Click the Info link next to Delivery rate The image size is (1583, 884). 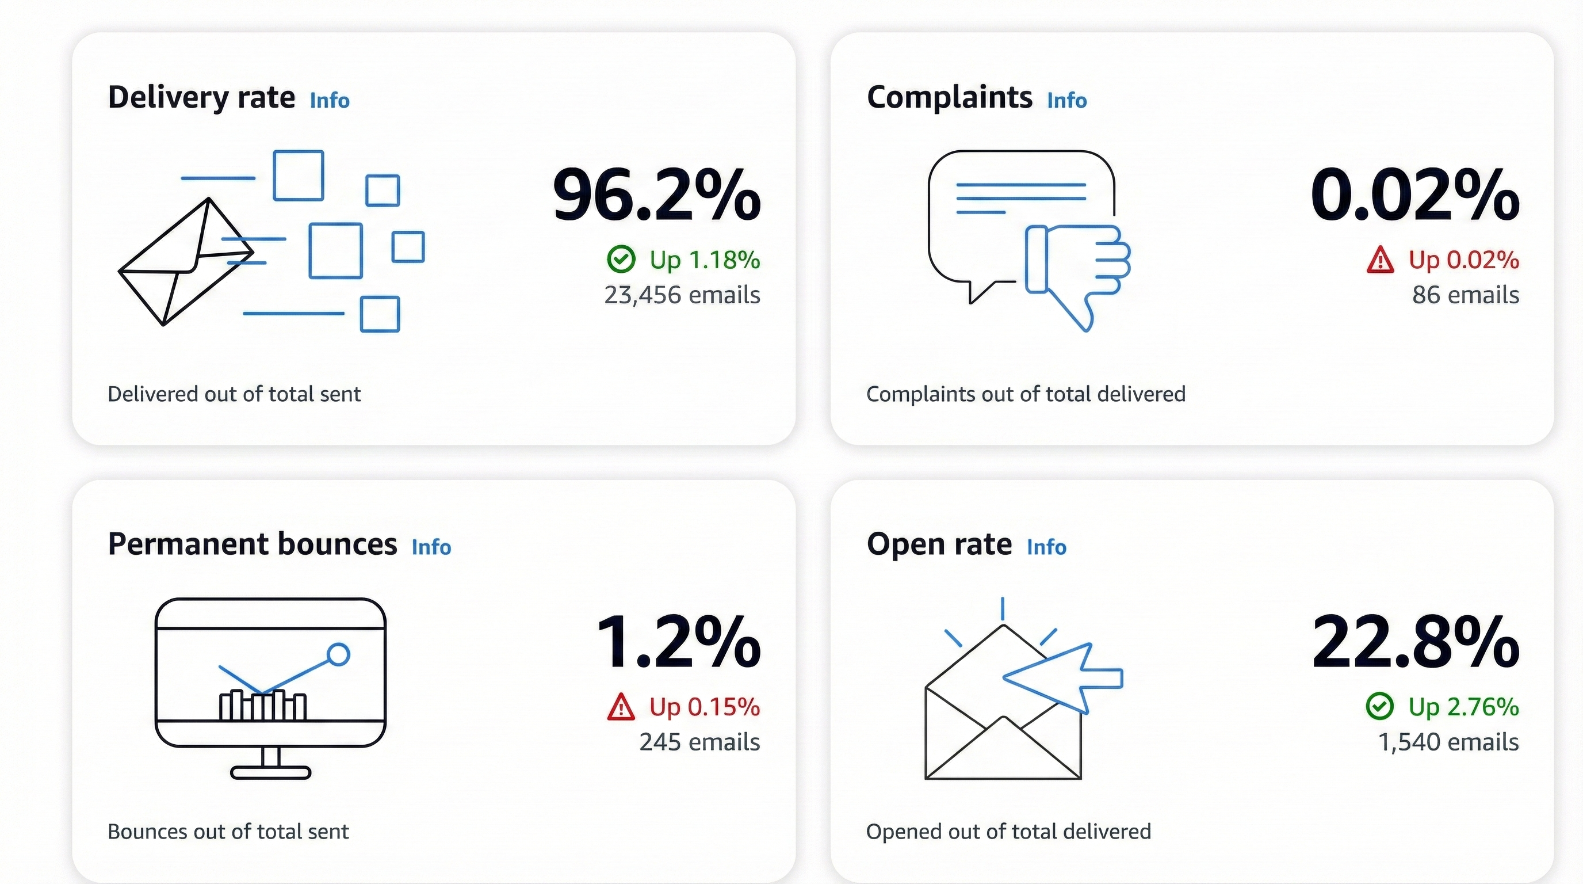330,100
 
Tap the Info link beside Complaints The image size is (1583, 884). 1067,100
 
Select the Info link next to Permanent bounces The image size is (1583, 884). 431,547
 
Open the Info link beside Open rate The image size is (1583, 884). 1046,547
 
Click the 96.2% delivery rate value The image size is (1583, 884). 656,196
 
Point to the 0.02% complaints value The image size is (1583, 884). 1414,196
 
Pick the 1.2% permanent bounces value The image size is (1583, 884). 678,642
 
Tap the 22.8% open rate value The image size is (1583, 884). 1414,642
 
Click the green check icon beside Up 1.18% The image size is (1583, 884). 621,260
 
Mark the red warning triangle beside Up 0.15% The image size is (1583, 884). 621,707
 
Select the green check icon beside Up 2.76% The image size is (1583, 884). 1379,706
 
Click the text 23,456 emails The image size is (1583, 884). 682,295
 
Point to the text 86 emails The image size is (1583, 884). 1465,295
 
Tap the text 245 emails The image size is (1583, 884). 699,742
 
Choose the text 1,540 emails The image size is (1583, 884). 1448,742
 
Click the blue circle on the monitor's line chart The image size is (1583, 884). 338,654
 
